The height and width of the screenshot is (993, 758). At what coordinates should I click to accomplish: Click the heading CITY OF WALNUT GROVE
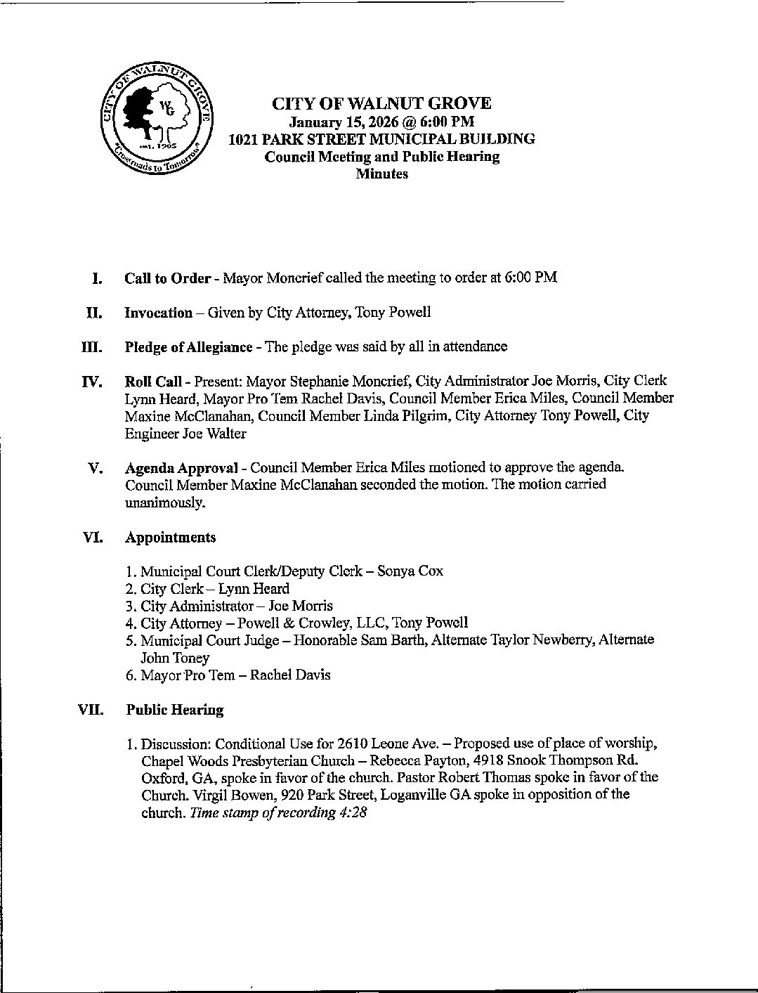tap(381, 104)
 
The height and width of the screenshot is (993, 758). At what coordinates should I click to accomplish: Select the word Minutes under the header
tap(381, 174)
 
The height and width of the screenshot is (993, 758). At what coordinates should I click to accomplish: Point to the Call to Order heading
tap(167, 278)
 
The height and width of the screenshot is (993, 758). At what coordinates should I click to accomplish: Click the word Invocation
tap(158, 313)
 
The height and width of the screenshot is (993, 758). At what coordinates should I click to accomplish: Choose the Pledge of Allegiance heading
tap(188, 346)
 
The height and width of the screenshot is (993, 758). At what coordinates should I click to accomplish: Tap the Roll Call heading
tap(153, 381)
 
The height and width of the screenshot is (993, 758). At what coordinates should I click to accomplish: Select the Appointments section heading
tap(170, 538)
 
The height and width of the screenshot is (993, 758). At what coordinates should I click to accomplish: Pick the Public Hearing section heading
tap(174, 710)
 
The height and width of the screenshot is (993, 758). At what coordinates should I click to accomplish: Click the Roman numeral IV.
tap(92, 382)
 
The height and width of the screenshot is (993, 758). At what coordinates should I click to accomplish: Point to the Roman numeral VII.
tap(91, 710)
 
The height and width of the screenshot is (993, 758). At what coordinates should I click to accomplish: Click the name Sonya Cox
tap(410, 571)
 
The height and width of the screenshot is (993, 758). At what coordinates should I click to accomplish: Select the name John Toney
tap(174, 658)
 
